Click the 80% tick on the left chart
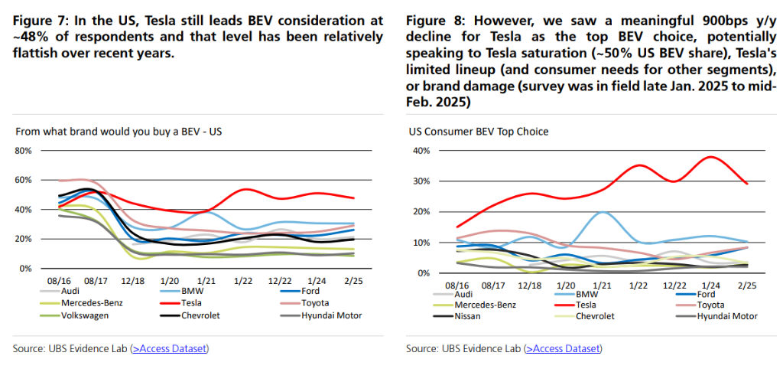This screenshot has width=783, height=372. click(x=22, y=150)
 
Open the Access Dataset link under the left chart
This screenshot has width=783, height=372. click(x=169, y=349)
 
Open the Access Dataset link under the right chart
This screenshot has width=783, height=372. click(x=562, y=349)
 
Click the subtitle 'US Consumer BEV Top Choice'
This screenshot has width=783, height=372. click(x=479, y=132)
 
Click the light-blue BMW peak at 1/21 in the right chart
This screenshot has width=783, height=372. click(x=603, y=212)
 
